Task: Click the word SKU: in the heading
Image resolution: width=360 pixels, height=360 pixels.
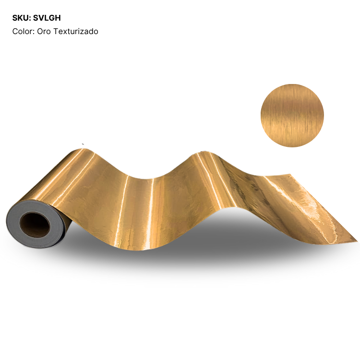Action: point(22,18)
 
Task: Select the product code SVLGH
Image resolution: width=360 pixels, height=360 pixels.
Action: point(47,18)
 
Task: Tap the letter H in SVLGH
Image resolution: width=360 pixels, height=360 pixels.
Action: point(58,18)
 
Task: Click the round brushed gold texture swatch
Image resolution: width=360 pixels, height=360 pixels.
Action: point(292,116)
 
